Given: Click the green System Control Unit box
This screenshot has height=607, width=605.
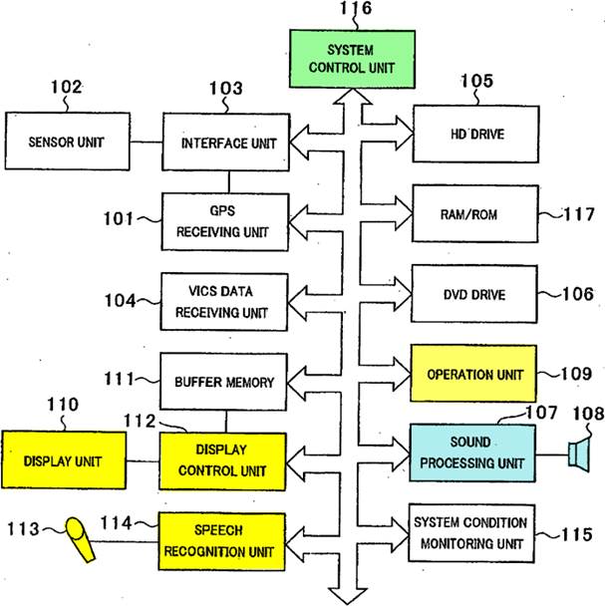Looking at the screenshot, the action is click(x=352, y=59).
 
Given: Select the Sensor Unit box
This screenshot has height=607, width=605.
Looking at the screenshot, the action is click(x=68, y=142).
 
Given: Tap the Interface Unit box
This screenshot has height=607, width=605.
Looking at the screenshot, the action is click(x=226, y=143).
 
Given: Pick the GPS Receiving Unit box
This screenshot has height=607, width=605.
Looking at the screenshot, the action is click(x=225, y=222).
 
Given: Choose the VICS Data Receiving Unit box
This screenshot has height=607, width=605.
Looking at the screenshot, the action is click(x=224, y=302).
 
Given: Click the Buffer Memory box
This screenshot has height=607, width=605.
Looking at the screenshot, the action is click(x=223, y=382).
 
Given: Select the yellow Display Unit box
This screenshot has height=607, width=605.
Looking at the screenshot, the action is click(x=64, y=460).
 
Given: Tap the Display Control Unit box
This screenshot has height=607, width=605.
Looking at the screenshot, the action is click(x=222, y=461).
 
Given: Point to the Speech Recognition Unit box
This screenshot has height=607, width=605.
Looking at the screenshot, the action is click(x=222, y=541).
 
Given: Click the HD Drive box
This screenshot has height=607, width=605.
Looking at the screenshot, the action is click(x=476, y=134).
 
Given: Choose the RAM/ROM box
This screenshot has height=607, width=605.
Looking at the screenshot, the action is click(x=475, y=213).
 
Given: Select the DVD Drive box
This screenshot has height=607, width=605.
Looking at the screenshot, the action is click(x=474, y=294).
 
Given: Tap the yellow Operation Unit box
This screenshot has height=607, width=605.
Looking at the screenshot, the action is click(x=473, y=374).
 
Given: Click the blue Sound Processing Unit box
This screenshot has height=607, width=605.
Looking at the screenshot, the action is click(x=473, y=454).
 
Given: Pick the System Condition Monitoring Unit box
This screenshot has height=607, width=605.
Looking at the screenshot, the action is click(x=471, y=533).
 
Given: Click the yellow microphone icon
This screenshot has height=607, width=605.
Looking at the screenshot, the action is click(x=80, y=539).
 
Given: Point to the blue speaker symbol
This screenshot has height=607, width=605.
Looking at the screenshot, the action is click(x=579, y=455).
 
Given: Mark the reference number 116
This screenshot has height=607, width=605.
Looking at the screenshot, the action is click(x=356, y=8).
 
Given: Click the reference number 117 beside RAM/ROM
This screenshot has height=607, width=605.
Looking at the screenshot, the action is click(x=579, y=214).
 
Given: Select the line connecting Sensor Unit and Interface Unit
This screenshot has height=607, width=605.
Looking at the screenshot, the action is click(x=147, y=143).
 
